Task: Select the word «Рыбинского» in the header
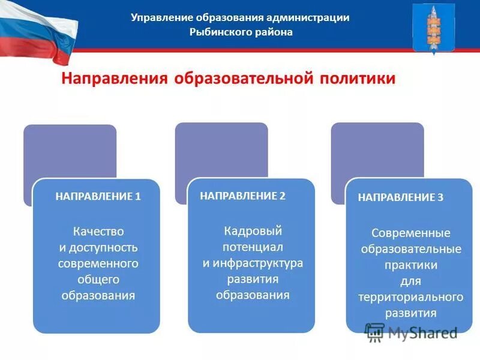215,32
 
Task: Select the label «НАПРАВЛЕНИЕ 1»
98,196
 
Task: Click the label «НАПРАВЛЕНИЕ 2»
243,196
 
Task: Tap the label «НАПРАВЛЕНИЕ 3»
401,197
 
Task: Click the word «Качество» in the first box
98,231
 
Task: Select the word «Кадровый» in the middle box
253,231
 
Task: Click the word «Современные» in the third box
411,233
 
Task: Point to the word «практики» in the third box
412,265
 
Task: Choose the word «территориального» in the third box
411,297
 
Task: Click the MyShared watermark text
422,332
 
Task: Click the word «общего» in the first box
98,279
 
